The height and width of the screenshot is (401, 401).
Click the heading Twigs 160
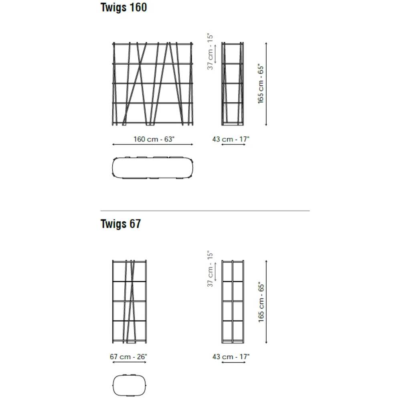[x=124, y=7]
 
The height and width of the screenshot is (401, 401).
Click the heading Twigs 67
[x=120, y=224]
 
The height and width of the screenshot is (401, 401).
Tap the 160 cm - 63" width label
[x=154, y=139]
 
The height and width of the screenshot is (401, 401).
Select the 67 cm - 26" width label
[x=128, y=356]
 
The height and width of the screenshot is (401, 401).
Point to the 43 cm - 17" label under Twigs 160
[x=231, y=139]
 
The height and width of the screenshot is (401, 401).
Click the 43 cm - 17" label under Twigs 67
[x=231, y=356]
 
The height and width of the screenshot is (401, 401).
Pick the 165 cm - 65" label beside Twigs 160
[x=260, y=84]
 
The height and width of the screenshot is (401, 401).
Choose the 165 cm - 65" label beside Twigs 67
[x=261, y=302]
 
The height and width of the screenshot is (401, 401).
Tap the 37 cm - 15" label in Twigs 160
[x=210, y=51]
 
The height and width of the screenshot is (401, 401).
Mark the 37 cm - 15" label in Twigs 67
[x=210, y=269]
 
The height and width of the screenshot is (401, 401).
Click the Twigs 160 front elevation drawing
[x=153, y=84]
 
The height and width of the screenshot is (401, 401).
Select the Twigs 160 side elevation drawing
[x=233, y=84]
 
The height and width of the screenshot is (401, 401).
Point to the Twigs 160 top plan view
[x=153, y=168]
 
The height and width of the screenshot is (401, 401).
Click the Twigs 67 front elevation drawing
[x=130, y=302]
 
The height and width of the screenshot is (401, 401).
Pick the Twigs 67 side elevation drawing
[x=233, y=302]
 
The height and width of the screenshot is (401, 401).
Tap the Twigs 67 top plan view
[x=130, y=385]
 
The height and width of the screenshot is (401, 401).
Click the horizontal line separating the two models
[x=205, y=211]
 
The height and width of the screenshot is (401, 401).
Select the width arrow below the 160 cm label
[x=153, y=144]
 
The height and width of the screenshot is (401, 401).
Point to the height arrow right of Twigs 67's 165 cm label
[x=266, y=302]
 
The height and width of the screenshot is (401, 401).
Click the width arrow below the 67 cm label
[x=130, y=362]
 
